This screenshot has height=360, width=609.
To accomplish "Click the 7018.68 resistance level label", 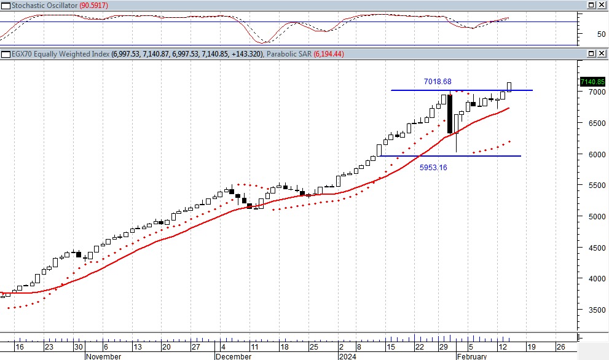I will point(438,82).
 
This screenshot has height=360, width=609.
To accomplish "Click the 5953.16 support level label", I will point(433,167).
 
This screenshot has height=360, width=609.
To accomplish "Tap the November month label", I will point(104,356).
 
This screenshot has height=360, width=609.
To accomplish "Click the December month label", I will point(234,356).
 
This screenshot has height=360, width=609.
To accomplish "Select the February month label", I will point(471,356).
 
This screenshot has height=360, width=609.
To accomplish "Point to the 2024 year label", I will point(347,356).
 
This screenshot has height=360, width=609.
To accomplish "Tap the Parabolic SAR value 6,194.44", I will point(329,54).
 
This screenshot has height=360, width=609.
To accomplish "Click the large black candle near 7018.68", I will point(450,114).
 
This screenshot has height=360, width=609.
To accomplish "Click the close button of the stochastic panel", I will point(600,5).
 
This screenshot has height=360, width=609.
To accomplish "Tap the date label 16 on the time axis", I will point(20,346).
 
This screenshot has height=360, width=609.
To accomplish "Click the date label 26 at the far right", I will point(560,346).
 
